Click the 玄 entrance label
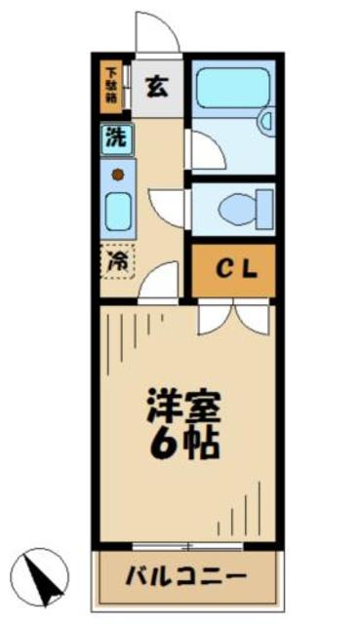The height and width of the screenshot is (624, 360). tap(156, 86)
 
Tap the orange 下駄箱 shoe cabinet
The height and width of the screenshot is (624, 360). tap(113, 86)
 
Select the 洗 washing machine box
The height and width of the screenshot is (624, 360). tap(114, 137)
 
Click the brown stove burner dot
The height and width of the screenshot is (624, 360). tap(116, 175)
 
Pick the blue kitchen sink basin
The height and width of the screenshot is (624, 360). tap(116, 209)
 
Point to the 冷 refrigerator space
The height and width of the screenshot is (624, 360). tap(116, 261)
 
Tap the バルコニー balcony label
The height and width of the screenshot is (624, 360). tap(185, 576)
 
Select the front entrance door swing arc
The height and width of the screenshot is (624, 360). tap(158, 33)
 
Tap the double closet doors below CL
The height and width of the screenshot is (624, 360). tap(232, 317)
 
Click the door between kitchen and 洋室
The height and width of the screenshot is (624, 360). tap(160, 282)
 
